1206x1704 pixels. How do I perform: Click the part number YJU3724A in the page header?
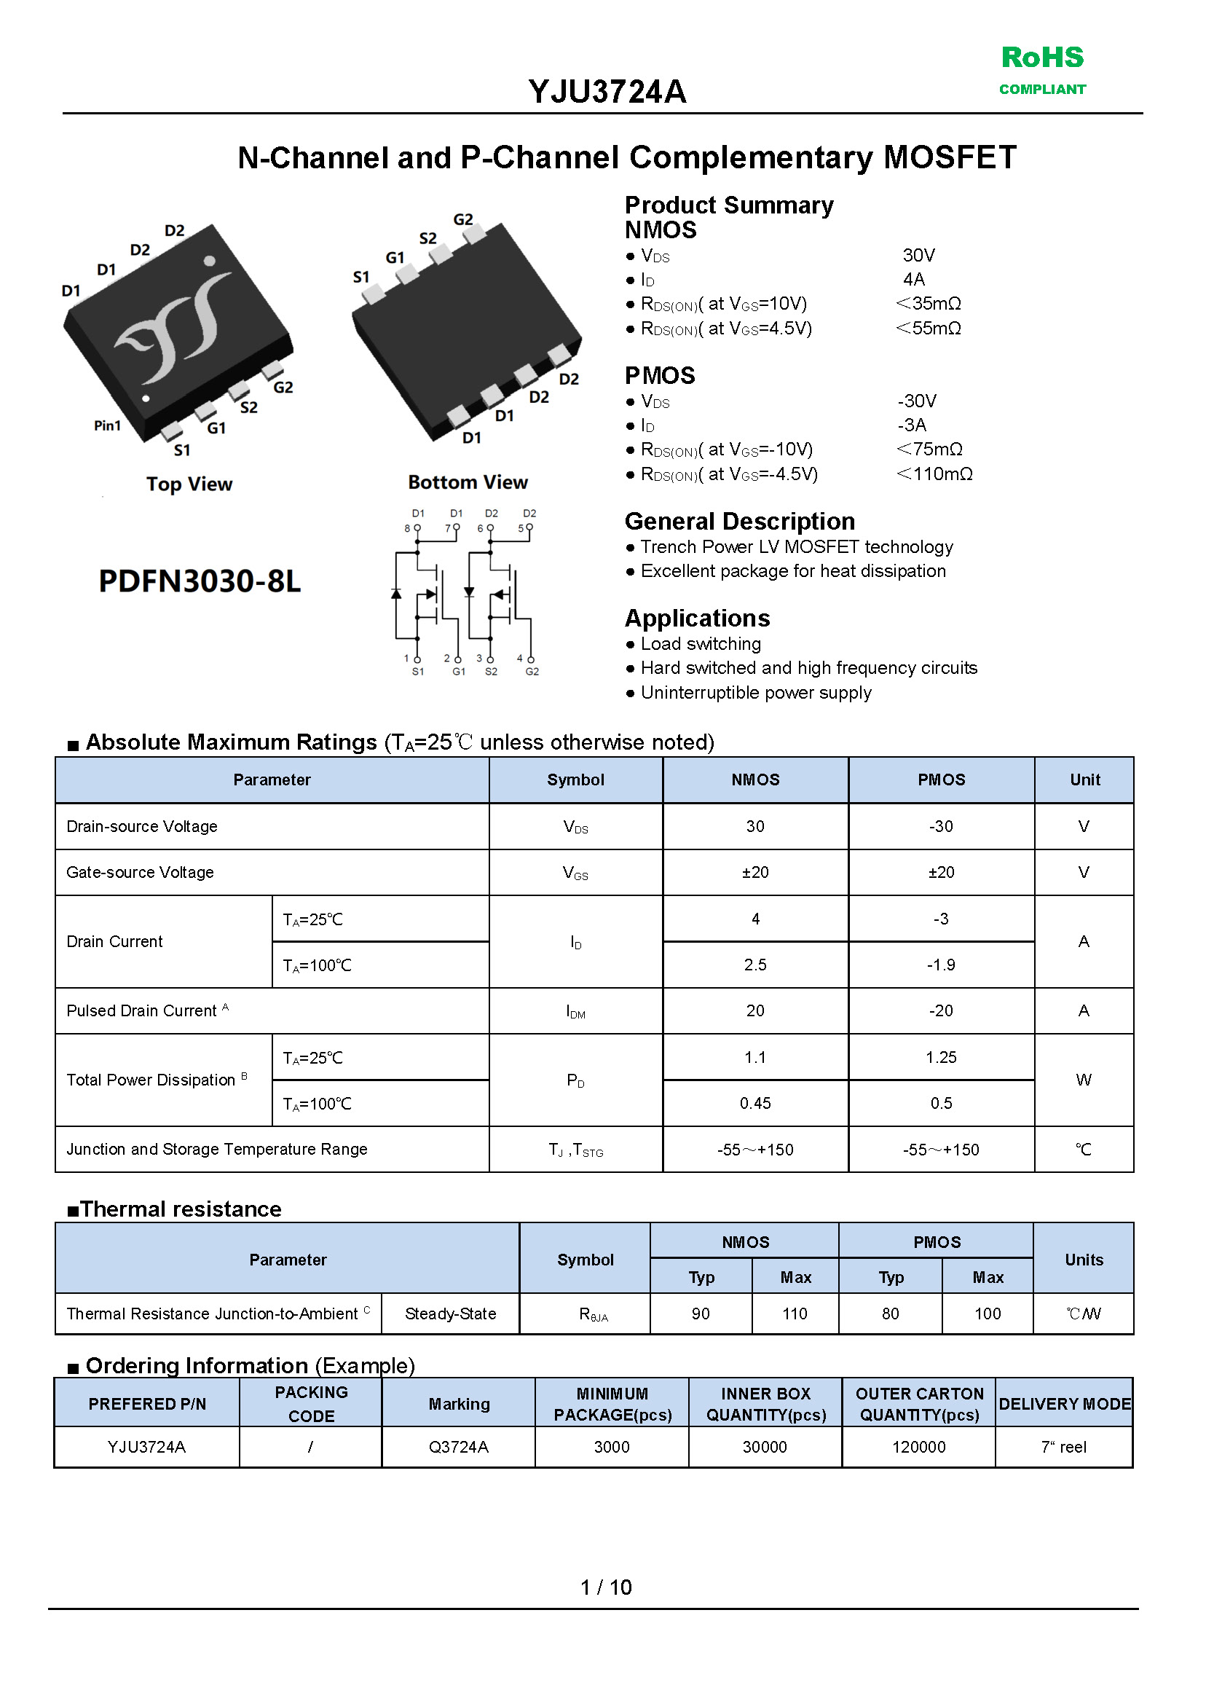coord(607,92)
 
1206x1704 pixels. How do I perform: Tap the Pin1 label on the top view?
coord(107,425)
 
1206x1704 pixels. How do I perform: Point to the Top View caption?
coord(189,484)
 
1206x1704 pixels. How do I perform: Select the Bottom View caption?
coord(468,483)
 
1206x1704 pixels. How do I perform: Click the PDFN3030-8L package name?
coord(200,581)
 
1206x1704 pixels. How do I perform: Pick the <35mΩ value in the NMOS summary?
coord(929,304)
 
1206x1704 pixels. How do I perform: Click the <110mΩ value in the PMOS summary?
coord(934,474)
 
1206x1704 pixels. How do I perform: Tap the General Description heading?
coord(740,522)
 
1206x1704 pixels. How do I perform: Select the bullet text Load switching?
coord(701,644)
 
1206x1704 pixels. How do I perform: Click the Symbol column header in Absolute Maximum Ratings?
coord(575,780)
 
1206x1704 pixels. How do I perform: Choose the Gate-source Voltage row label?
coord(141,873)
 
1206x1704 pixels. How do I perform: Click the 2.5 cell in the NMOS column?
coord(755,965)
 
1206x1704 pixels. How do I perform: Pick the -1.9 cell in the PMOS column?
coord(941,965)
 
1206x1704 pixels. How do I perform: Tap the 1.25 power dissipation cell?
coord(941,1057)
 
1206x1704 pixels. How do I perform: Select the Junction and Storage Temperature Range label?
coord(217,1150)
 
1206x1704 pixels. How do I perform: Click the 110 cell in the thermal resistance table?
coord(795,1314)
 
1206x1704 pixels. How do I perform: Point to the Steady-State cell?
coord(450,1314)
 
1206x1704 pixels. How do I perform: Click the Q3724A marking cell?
coord(458,1447)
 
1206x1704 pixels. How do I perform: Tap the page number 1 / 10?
coord(606,1587)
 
